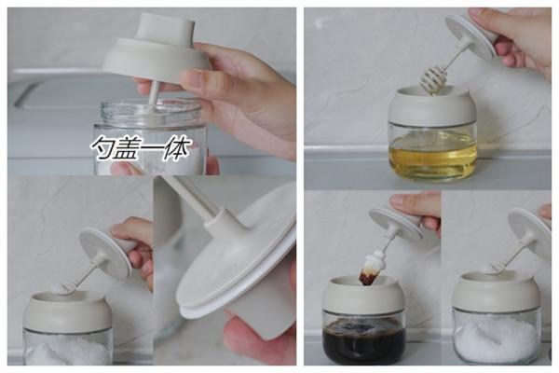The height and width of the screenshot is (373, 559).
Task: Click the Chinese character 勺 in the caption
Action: pos(102,147)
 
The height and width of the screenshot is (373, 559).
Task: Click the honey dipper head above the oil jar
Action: pos(429,82)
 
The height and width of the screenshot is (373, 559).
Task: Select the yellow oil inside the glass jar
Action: pos(433,156)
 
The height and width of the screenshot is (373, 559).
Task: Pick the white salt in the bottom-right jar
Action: pos(497,338)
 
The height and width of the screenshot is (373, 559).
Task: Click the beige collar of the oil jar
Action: pos(433,108)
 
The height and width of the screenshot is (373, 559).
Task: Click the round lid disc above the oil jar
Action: pos(470,35)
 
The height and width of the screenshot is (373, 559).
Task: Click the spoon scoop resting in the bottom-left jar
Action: pos(63,286)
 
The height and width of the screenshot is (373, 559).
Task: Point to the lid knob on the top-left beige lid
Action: pos(165,26)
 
